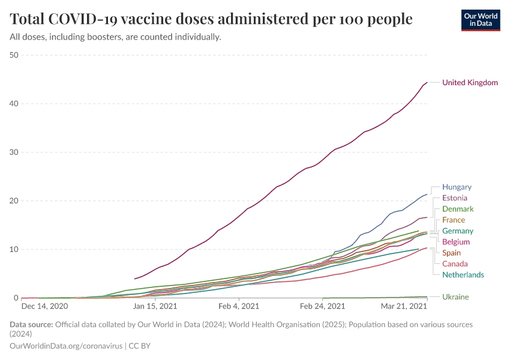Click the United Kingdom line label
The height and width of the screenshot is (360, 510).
(470, 83)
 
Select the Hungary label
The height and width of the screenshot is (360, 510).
(457, 187)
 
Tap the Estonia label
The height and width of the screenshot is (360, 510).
(454, 198)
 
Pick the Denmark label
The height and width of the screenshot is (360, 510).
(458, 209)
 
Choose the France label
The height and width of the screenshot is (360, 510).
(454, 220)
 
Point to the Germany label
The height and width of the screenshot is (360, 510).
(458, 231)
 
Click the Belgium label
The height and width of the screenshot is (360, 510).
(456, 242)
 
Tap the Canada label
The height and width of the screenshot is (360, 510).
(455, 264)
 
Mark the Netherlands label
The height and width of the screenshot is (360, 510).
(463, 275)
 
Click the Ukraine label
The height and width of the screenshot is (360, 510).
(455, 297)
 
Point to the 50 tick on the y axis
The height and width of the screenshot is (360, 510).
(14, 55)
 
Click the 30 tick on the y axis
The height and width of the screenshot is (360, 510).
(14, 152)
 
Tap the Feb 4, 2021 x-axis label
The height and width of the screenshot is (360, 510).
(238, 306)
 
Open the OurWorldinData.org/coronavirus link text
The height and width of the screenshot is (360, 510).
(66, 346)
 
